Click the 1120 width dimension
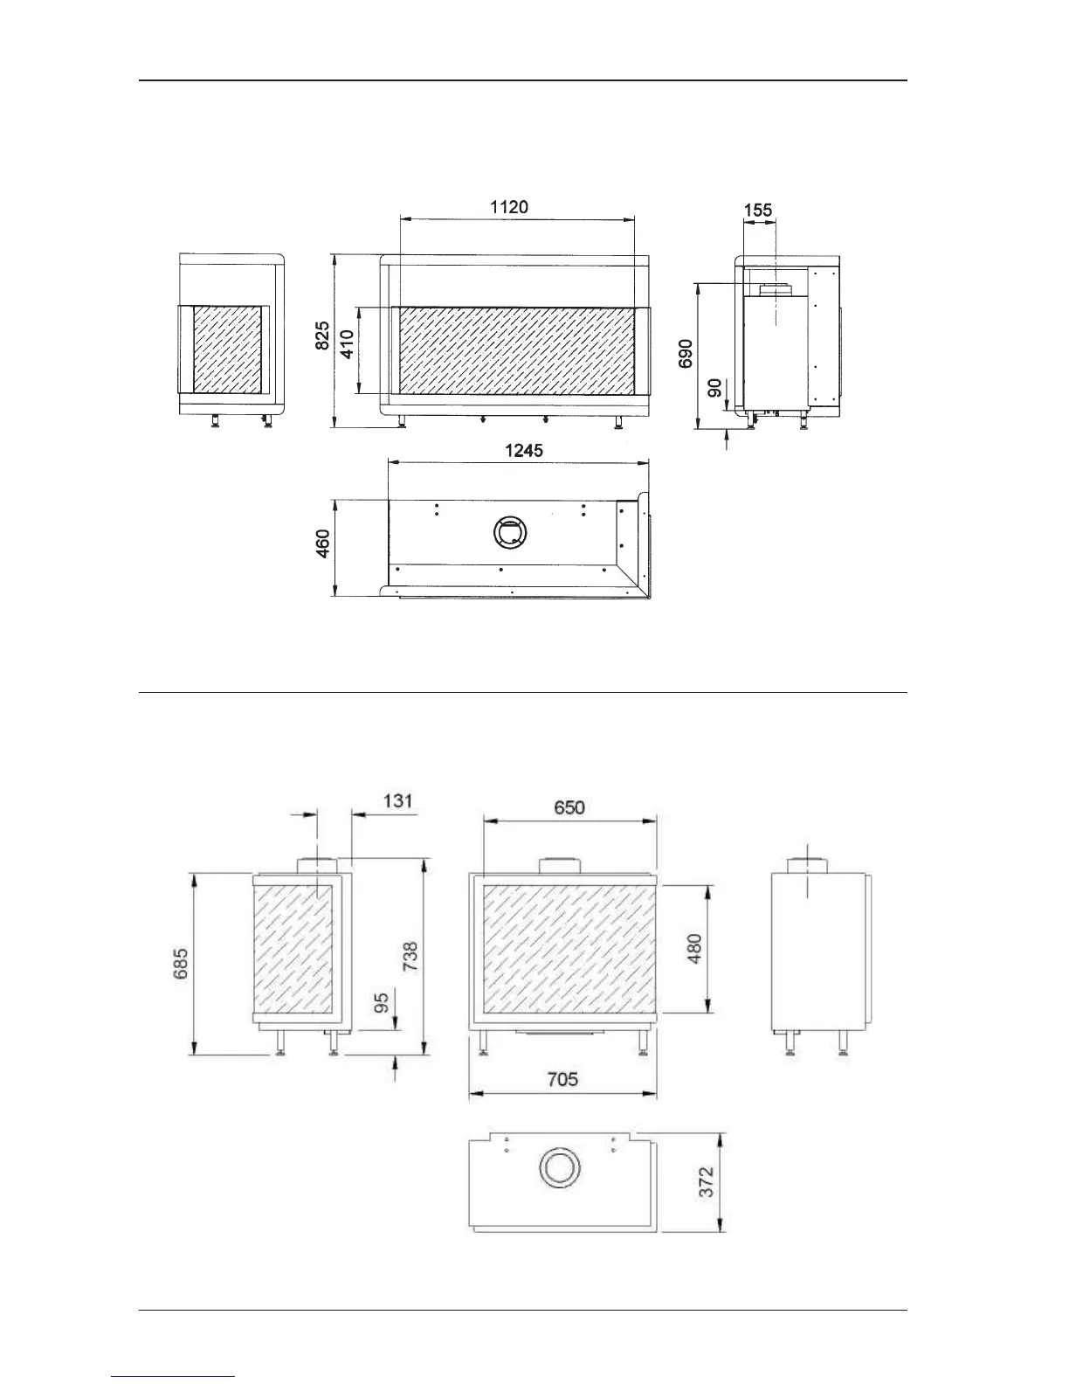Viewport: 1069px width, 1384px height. [508, 207]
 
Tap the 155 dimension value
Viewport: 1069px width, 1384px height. [758, 211]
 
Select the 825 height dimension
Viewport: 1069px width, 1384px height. [323, 336]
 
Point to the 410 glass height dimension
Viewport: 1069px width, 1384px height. [347, 344]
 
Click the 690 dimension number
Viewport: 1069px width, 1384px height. [686, 354]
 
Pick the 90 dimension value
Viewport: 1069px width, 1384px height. [715, 388]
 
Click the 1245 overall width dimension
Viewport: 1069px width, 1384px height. [524, 450]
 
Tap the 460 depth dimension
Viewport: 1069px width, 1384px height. [323, 544]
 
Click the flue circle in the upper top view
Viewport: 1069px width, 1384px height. [511, 531]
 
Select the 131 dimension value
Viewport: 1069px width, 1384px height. [398, 800]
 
